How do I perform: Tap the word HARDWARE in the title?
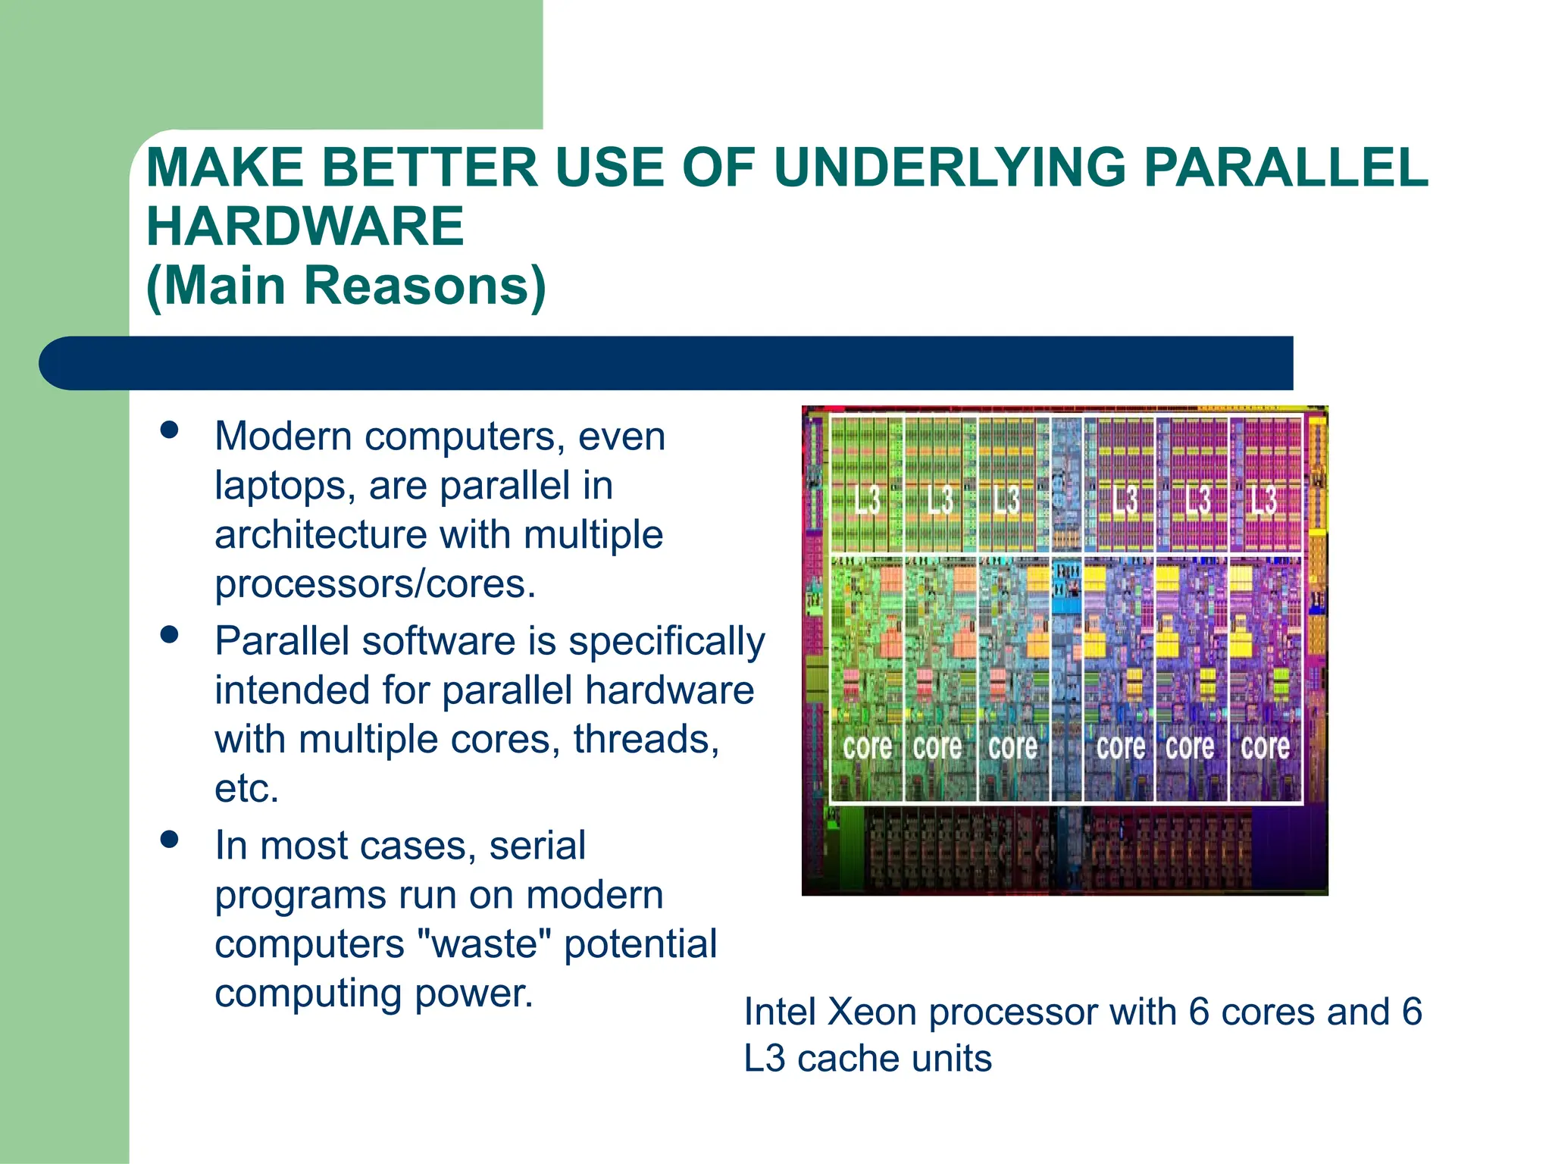[305, 227]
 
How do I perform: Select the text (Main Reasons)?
[346, 286]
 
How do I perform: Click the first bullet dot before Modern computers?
[170, 430]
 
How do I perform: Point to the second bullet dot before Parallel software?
[170, 635]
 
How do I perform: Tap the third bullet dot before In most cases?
[170, 840]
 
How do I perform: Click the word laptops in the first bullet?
[285, 486]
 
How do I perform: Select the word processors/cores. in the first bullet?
[375, 584]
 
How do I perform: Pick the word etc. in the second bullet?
[247, 789]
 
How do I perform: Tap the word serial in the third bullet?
[537, 846]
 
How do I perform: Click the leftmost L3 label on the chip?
[867, 500]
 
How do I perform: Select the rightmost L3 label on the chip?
[1263, 500]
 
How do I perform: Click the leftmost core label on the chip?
[867, 747]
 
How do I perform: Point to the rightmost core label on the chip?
[1265, 747]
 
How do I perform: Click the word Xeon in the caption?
[871, 1012]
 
